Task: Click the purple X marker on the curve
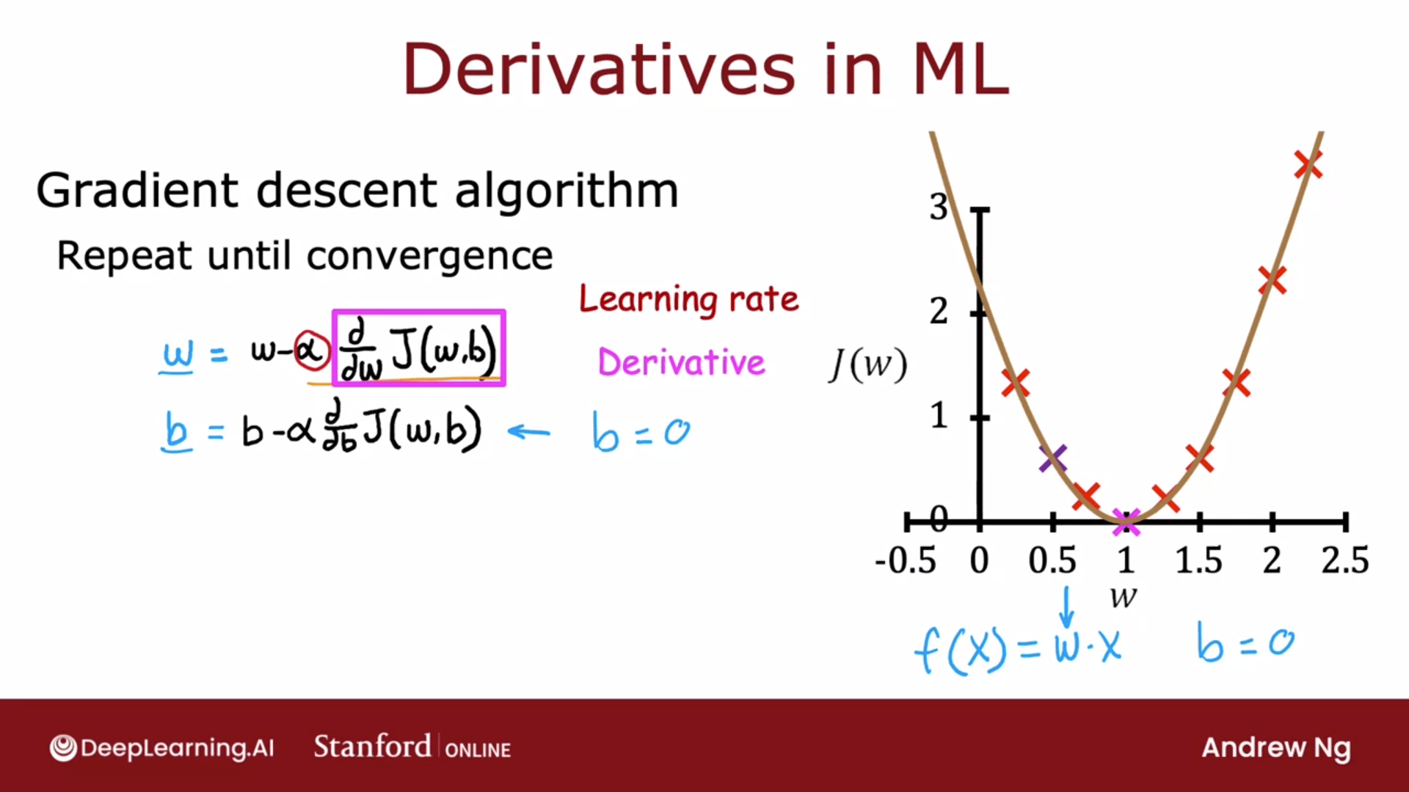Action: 1053,458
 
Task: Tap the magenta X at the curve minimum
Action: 1126,523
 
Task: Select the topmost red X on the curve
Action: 1308,165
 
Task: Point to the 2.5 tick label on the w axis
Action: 1345,560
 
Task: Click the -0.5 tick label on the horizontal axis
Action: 906,560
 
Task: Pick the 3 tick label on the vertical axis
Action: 939,207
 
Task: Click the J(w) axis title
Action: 868,364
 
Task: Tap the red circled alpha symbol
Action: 311,351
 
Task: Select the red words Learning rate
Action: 688,299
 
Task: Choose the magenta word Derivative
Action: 682,362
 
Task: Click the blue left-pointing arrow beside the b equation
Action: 528,431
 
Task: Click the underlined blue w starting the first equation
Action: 178,356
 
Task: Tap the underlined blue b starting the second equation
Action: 176,430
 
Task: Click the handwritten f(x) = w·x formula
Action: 1018,647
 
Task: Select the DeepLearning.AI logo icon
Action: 63,748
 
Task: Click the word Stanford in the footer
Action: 372,747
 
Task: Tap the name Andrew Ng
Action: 1276,748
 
